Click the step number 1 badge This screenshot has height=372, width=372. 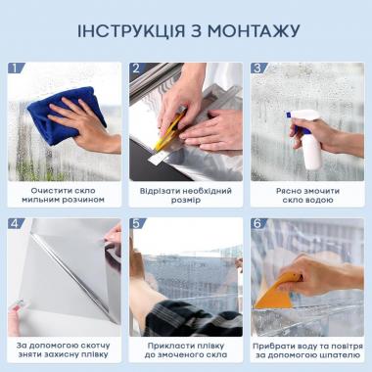coord(16,69)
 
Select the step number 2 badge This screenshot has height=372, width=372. coord(137,69)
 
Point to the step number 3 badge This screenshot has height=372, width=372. coord(258,69)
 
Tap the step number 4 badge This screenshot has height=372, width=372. coord(16,223)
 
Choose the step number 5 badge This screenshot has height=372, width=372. coord(137,223)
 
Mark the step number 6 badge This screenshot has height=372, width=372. coord(258,223)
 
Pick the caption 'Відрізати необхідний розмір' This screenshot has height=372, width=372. coord(186,193)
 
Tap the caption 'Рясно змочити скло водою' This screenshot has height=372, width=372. coord(307,193)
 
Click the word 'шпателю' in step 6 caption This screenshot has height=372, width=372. coord(330,358)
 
